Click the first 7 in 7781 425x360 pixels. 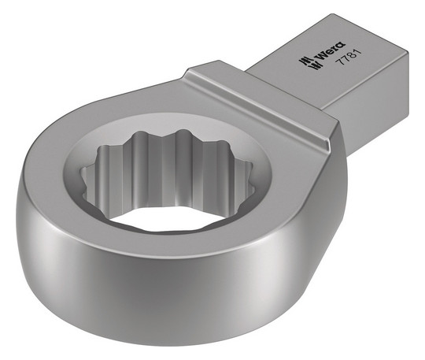click(x=338, y=62)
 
